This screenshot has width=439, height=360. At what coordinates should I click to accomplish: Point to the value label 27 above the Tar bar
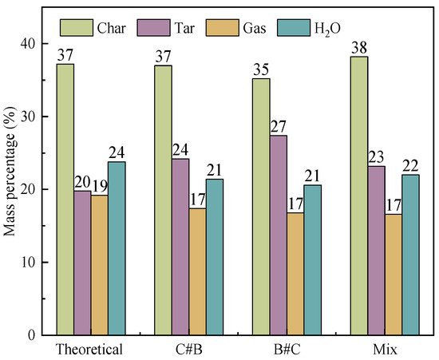(279, 127)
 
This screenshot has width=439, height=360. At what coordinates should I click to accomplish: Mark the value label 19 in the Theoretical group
(100, 187)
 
